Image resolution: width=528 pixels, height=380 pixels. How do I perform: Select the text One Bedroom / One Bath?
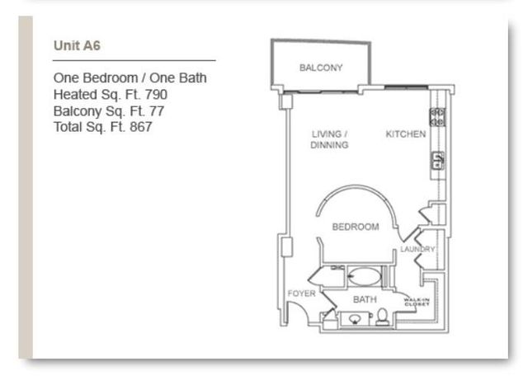tap(130, 78)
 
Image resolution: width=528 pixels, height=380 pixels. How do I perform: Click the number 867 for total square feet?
tap(141, 128)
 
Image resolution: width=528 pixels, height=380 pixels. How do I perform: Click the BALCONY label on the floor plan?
tap(321, 68)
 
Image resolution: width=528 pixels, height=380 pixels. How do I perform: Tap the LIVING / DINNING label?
tap(330, 139)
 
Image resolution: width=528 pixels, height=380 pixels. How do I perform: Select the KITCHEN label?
tap(406, 134)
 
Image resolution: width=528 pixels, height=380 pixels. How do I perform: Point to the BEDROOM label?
tap(355, 227)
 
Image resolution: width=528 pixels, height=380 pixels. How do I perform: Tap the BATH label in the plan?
tap(364, 299)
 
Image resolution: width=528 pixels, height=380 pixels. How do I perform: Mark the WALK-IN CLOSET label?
tap(417, 303)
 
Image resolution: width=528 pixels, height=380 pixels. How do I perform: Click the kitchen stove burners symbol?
tap(437, 117)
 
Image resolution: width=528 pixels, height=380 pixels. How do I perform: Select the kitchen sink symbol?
tap(437, 160)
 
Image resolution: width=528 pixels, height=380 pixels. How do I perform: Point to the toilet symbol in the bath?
tap(382, 317)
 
